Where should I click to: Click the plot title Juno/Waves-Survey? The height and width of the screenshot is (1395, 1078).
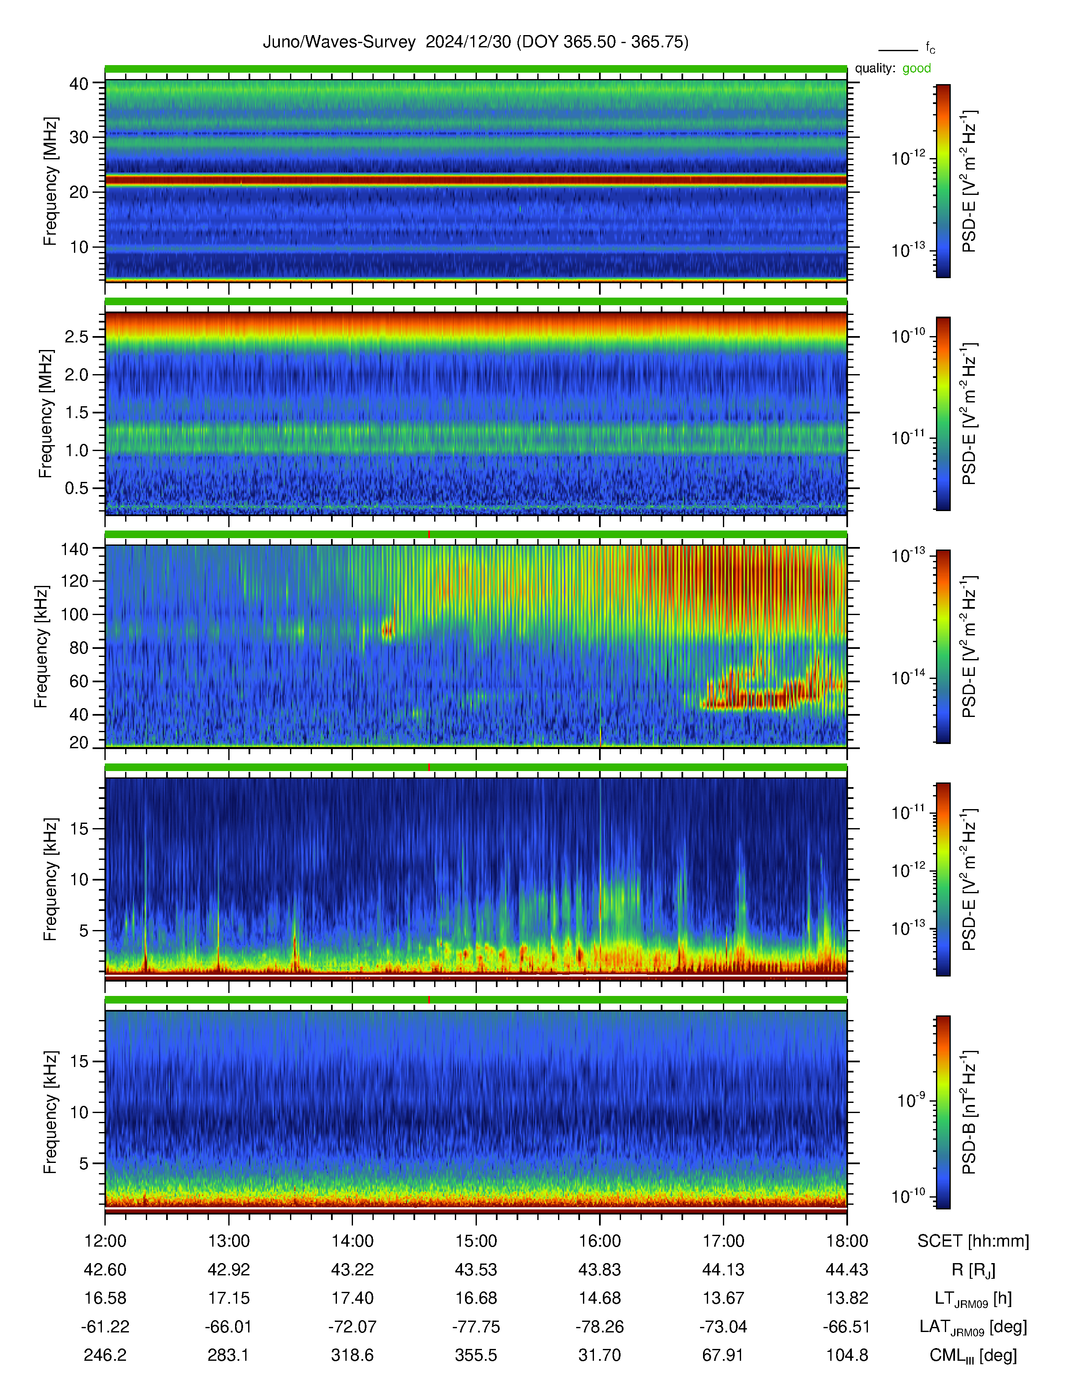tap(339, 42)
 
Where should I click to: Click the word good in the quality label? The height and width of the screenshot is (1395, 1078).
tap(917, 68)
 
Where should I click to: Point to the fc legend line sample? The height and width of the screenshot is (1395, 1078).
tap(898, 50)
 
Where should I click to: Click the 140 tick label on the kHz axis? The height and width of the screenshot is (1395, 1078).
tap(74, 548)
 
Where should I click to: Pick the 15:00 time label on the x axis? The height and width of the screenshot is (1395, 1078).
tap(476, 1240)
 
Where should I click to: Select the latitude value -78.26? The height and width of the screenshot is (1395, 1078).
tap(599, 1327)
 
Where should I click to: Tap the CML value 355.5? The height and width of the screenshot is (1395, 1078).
tap(476, 1355)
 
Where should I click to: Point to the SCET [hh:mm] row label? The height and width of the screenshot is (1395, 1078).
tap(973, 1240)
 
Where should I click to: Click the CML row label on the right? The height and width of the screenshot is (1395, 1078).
tap(973, 1355)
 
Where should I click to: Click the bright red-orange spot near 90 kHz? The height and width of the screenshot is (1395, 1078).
tap(387, 630)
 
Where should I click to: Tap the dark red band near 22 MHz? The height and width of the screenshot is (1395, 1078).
tap(476, 181)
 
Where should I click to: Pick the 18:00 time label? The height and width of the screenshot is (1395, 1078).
tap(847, 1240)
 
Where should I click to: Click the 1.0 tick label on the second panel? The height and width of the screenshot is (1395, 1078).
tap(76, 450)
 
